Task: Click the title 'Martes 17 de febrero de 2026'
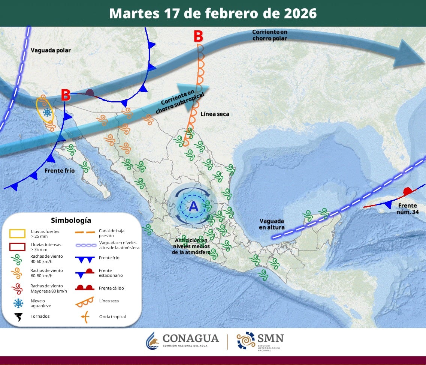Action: coord(213,14)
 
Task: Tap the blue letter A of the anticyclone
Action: coord(193,206)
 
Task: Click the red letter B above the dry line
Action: coord(198,37)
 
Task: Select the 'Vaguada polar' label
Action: coord(51,50)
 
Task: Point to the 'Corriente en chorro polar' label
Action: coord(270,35)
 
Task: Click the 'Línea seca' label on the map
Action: coord(215,114)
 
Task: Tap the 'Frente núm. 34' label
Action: coord(407,209)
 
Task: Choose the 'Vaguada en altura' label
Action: coord(271,224)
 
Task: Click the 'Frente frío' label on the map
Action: coord(60,171)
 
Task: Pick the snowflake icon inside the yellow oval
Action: coord(47,112)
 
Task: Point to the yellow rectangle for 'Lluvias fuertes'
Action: coord(17,234)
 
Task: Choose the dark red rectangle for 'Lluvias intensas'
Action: coord(17,247)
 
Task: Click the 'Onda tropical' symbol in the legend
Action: coord(85,317)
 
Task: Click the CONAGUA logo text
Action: coord(190,338)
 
